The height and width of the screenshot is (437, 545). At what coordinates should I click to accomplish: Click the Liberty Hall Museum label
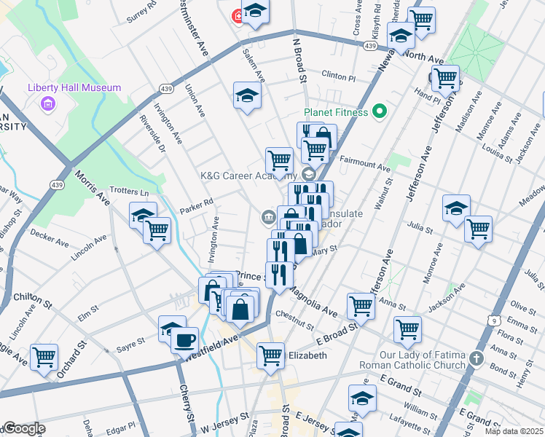[x=74, y=87]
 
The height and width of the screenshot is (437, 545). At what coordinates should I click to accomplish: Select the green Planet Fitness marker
[x=378, y=111]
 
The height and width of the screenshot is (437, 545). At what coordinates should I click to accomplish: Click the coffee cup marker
[x=185, y=339]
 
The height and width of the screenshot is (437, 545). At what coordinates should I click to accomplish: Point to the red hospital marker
[x=237, y=15]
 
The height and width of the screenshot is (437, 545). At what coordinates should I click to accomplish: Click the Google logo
[x=23, y=428]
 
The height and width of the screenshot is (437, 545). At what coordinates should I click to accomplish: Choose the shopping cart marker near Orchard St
[x=44, y=357]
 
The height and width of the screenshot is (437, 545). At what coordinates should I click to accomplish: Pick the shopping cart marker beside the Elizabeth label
[x=270, y=355]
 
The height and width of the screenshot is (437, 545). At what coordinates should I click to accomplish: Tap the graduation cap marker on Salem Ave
[x=247, y=95]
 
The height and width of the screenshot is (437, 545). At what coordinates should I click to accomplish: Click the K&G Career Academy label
[x=248, y=175]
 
